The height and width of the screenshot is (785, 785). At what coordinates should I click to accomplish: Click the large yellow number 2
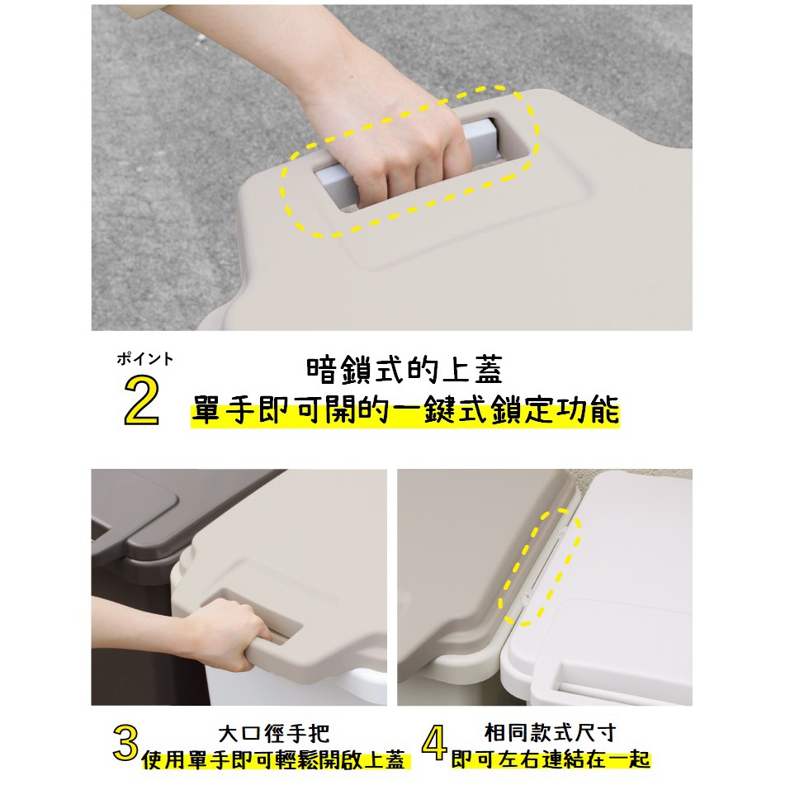141,401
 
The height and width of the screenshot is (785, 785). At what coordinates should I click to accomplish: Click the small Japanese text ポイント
145,359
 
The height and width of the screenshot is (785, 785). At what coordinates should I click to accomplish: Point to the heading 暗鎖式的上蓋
404,371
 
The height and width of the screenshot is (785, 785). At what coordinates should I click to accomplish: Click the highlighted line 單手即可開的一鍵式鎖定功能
404,410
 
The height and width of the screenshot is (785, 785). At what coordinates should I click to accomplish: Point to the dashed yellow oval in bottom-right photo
538,570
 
